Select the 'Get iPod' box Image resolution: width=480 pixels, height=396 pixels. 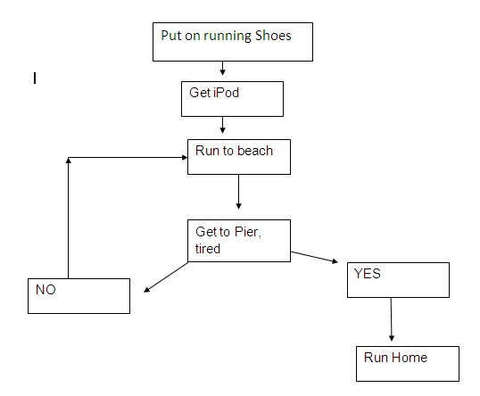click(x=232, y=99)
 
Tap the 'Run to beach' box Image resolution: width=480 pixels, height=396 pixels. click(x=238, y=156)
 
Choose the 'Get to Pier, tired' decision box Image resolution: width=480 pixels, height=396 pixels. click(x=238, y=239)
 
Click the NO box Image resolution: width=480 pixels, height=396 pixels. click(x=79, y=295)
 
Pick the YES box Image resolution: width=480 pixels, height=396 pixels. click(x=396, y=280)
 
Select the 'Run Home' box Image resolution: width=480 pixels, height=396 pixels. click(x=407, y=364)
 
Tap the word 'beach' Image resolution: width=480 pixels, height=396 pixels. click(x=255, y=150)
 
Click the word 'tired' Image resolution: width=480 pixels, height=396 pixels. click(x=209, y=248)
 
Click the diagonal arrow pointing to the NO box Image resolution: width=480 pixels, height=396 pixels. click(x=166, y=276)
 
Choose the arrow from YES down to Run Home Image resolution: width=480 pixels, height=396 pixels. click(x=391, y=320)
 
